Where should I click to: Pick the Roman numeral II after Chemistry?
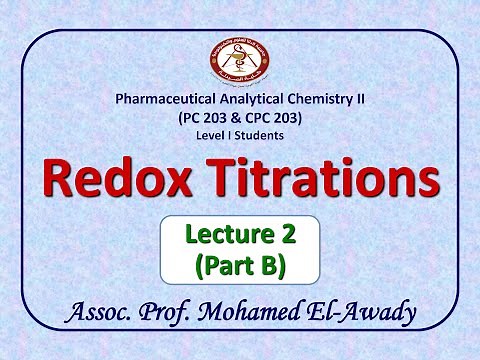[357, 100]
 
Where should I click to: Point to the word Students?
[262, 134]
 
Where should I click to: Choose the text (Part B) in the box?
[239, 266]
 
